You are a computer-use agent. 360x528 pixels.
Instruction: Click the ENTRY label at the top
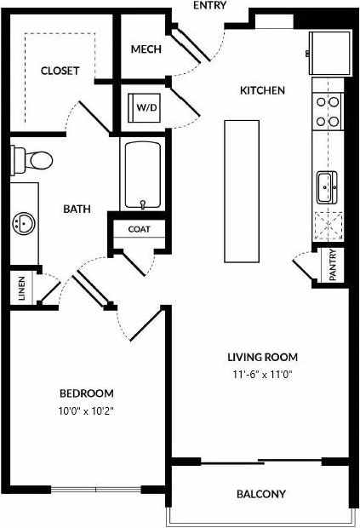(210, 6)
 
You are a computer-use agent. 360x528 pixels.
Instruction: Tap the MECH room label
(146, 49)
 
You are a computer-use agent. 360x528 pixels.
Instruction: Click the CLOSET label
(60, 71)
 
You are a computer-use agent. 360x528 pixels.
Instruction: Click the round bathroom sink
(23, 224)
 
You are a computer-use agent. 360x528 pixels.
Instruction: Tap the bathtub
(142, 175)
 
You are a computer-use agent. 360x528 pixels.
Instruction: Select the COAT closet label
(140, 229)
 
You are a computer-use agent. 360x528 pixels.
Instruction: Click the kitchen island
(241, 191)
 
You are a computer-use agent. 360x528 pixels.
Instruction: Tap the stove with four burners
(328, 111)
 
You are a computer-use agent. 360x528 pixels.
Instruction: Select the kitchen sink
(328, 187)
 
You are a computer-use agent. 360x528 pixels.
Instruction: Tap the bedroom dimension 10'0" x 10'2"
(86, 410)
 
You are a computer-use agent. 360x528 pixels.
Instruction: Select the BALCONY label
(261, 494)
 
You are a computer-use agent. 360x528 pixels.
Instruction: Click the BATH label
(77, 207)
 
